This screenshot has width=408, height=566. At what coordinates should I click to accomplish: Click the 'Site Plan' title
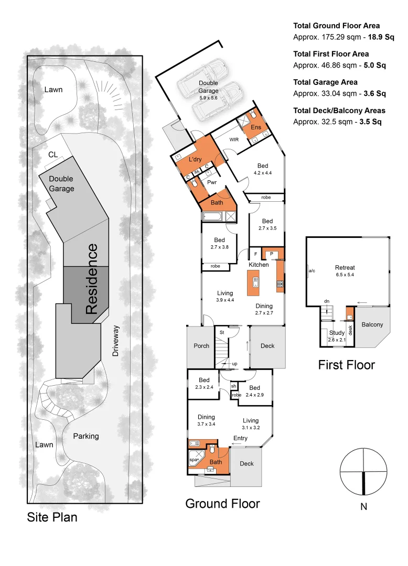(x=52, y=517)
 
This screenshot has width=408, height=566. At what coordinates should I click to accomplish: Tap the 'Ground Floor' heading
(x=222, y=504)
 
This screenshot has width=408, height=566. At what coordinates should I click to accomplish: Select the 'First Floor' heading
(x=346, y=365)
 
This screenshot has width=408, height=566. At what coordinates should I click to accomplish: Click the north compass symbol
(x=363, y=472)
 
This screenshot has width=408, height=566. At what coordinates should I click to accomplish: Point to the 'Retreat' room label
(x=345, y=268)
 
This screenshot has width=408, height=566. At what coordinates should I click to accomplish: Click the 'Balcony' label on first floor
(x=372, y=324)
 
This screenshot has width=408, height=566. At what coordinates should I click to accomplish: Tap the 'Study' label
(x=336, y=332)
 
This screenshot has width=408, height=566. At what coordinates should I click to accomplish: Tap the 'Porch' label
(x=201, y=345)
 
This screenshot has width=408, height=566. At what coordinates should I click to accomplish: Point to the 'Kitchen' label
(x=259, y=265)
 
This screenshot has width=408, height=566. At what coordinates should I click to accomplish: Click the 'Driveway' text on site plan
(x=116, y=341)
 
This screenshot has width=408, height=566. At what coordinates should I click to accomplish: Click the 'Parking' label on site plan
(x=85, y=436)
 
